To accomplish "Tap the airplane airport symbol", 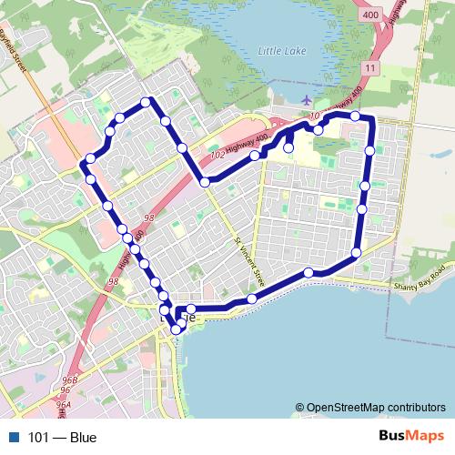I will [x=305, y=99].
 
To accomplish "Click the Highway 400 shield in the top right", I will [x=369, y=15].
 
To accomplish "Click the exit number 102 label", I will [x=216, y=157].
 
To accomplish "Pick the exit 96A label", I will [x=63, y=405].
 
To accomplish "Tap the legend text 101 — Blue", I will [x=62, y=438].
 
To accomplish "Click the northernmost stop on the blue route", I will [x=146, y=101].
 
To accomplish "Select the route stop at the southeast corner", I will [x=356, y=252].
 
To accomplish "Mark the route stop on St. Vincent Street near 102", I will [x=205, y=183].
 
